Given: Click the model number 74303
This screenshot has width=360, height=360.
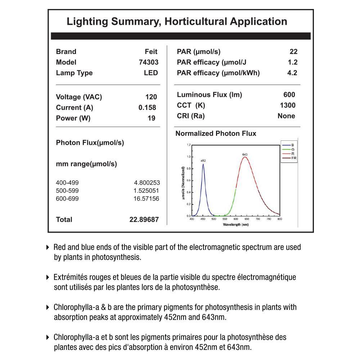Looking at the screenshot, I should [x=148, y=62].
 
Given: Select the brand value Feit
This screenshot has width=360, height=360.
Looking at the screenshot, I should [x=151, y=52].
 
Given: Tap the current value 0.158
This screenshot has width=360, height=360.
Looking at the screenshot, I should [x=147, y=108].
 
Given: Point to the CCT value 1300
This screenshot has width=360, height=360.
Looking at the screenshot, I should [x=287, y=105].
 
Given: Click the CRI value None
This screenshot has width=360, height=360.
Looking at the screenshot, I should [x=286, y=116].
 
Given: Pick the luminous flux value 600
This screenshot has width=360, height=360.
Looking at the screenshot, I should [x=289, y=95].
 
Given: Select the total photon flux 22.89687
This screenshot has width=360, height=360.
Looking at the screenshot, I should [x=144, y=220].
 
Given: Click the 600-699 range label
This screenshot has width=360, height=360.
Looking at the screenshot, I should [x=67, y=199].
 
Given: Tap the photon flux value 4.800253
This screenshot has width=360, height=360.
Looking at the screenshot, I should [x=147, y=183].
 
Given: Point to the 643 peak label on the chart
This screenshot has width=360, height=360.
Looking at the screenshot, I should [x=245, y=154].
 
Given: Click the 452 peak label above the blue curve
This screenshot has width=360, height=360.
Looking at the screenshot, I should [x=203, y=161].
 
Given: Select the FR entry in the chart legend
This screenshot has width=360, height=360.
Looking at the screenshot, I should [x=294, y=158].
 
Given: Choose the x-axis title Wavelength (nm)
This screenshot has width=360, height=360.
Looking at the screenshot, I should [x=236, y=225].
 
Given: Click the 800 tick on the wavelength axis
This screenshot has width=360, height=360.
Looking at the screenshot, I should [x=280, y=219].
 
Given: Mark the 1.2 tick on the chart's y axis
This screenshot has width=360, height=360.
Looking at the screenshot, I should [x=189, y=145].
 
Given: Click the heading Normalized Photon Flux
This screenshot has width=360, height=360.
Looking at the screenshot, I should [x=216, y=134].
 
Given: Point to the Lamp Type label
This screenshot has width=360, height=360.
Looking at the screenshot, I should [x=74, y=73].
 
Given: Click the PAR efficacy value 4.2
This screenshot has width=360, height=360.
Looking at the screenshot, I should [x=292, y=73].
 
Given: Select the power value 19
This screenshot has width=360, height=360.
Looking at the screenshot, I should [x=151, y=118].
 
